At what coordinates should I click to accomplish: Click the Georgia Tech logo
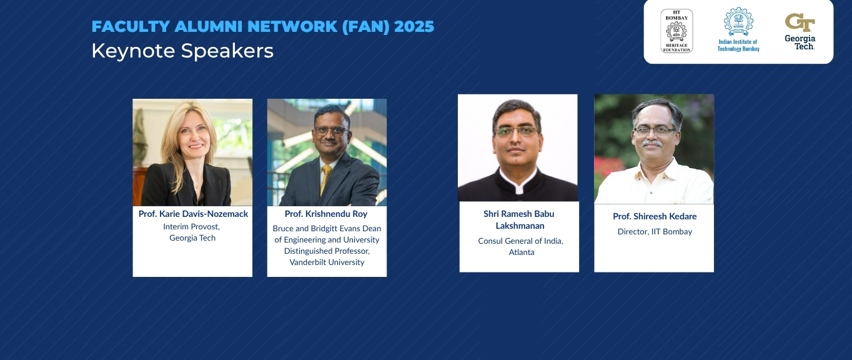point(800,32)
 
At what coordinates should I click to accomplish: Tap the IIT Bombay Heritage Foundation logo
point(676,31)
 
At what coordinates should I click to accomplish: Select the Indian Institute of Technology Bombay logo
point(738,29)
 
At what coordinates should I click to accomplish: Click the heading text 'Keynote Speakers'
point(182,51)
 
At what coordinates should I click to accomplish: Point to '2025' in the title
point(414,27)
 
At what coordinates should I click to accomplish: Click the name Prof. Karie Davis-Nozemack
point(193,214)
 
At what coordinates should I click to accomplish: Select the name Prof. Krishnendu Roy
point(326,214)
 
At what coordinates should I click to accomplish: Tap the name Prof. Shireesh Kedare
point(655,216)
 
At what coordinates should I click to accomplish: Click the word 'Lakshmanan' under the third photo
point(520,226)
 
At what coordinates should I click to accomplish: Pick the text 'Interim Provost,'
point(191,227)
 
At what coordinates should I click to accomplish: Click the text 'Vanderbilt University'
point(327,262)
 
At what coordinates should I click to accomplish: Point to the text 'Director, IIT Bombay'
point(655,231)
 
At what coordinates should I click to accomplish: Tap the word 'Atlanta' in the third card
point(522,252)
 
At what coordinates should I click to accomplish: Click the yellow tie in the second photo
point(325,179)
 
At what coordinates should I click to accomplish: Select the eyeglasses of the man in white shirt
point(653,131)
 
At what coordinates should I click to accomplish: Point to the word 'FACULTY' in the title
point(131,27)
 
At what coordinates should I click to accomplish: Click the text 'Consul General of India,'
point(520,241)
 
